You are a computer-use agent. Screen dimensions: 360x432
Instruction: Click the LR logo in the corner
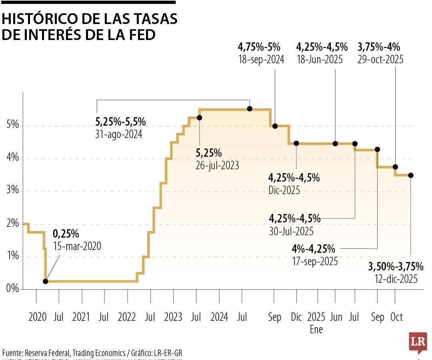[x=418, y=342]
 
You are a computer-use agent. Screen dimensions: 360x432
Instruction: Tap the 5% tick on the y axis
[x=12, y=126]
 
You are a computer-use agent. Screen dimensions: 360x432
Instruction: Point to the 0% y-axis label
[x=12, y=289]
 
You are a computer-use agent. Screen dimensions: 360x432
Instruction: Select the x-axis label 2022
[x=127, y=317]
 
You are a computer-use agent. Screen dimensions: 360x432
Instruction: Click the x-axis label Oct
[x=396, y=317]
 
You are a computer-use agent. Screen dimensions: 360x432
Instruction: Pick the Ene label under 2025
[x=316, y=330]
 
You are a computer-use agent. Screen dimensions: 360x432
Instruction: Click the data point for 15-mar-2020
[x=46, y=281]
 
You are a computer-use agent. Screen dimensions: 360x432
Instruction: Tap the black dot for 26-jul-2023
[x=200, y=118]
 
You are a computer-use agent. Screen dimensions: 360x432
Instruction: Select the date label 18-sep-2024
[x=261, y=60]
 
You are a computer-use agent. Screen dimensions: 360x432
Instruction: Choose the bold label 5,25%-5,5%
[x=120, y=122]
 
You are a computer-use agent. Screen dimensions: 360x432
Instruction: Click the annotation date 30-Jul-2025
[x=291, y=231]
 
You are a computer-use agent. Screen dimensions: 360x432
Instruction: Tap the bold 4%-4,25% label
[x=313, y=249]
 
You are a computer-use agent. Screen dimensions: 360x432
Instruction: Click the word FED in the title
[x=141, y=35]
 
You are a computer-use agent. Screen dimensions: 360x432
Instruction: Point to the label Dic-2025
[x=284, y=190]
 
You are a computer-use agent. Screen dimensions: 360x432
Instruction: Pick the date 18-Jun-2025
[x=320, y=60]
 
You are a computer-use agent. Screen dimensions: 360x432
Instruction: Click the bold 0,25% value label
[x=66, y=233]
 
